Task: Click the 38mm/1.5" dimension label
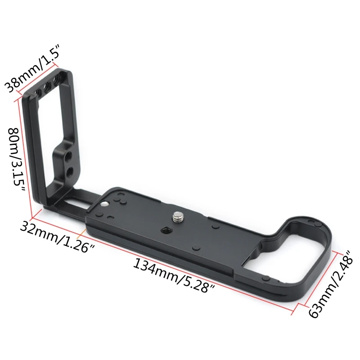[32, 68]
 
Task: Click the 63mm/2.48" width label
[330, 285]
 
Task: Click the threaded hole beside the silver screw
[165, 229]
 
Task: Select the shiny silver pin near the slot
[105, 204]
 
